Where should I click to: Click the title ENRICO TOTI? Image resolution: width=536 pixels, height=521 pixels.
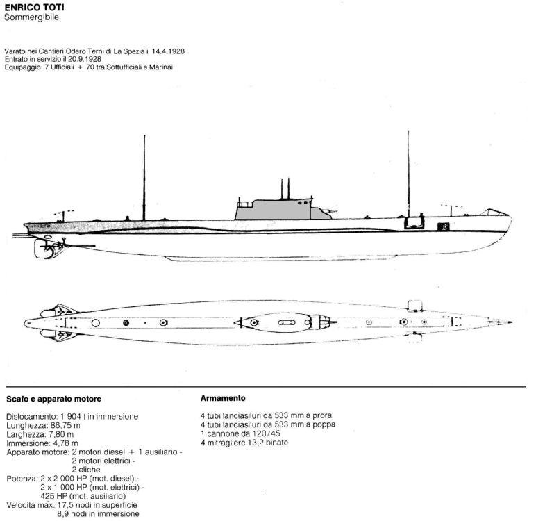pyautogui.click(x=34, y=7)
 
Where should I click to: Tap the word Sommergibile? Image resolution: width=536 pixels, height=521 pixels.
pyautogui.click(x=31, y=17)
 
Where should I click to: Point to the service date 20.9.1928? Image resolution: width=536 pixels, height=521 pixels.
pyautogui.click(x=85, y=59)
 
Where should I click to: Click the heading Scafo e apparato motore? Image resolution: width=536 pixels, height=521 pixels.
pyautogui.click(x=53, y=399)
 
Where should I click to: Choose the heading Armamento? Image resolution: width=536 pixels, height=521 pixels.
pyautogui.click(x=223, y=398)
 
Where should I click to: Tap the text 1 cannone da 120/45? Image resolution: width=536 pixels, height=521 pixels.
pyautogui.click(x=240, y=433)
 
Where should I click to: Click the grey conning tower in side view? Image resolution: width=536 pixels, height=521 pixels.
pyautogui.click(x=274, y=208)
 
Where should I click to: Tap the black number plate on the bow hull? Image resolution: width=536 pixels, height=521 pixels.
pyautogui.click(x=444, y=226)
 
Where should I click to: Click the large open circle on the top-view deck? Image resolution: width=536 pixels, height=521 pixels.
pyautogui.click(x=96, y=323)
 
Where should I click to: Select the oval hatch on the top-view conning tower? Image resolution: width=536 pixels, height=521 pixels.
pyautogui.click(x=287, y=322)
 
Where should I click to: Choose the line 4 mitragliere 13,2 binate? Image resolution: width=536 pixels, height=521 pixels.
pyautogui.click(x=244, y=443)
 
